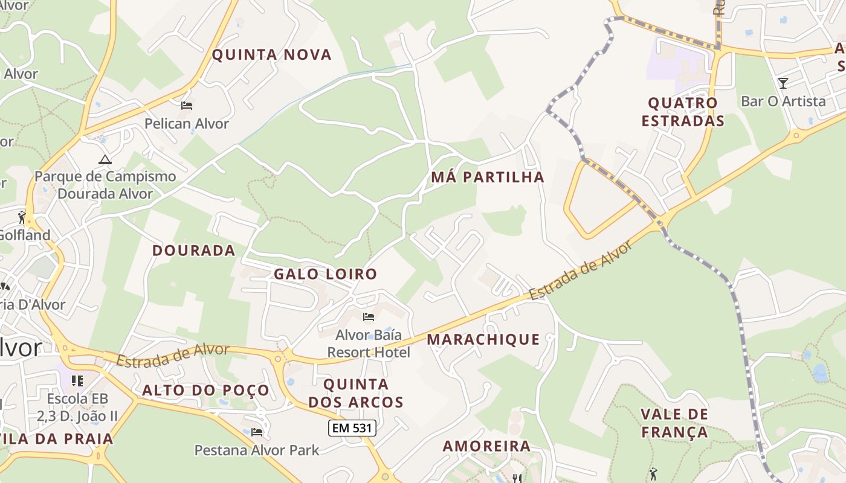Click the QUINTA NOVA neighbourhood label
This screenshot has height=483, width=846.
tap(271, 55)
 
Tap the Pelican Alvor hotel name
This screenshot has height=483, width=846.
tap(187, 124)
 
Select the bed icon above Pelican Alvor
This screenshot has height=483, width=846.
tap(187, 106)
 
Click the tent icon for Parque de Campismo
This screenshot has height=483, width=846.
tap(105, 160)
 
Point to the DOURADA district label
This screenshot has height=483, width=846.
tap(193, 251)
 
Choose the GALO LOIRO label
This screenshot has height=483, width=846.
tap(325, 274)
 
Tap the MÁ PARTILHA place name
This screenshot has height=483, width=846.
tap(488, 178)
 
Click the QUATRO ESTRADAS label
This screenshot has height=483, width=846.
tap(682, 112)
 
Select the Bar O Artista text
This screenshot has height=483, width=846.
tap(783, 101)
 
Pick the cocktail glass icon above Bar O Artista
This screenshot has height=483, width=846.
tap(783, 83)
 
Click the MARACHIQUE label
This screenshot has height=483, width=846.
tap(483, 339)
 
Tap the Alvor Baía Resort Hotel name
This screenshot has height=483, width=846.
tap(369, 344)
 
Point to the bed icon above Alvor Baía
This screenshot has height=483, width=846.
tap(369, 317)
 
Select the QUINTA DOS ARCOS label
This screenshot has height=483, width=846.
tap(356, 393)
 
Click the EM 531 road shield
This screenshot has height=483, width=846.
tap(352, 428)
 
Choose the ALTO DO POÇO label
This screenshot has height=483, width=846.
tap(205, 391)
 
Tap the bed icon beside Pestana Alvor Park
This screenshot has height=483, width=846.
tap(257, 432)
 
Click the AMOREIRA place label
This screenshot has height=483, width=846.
tap(486, 446)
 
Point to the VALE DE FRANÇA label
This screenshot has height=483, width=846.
tap(674, 423)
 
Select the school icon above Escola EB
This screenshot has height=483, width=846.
tap(77, 381)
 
